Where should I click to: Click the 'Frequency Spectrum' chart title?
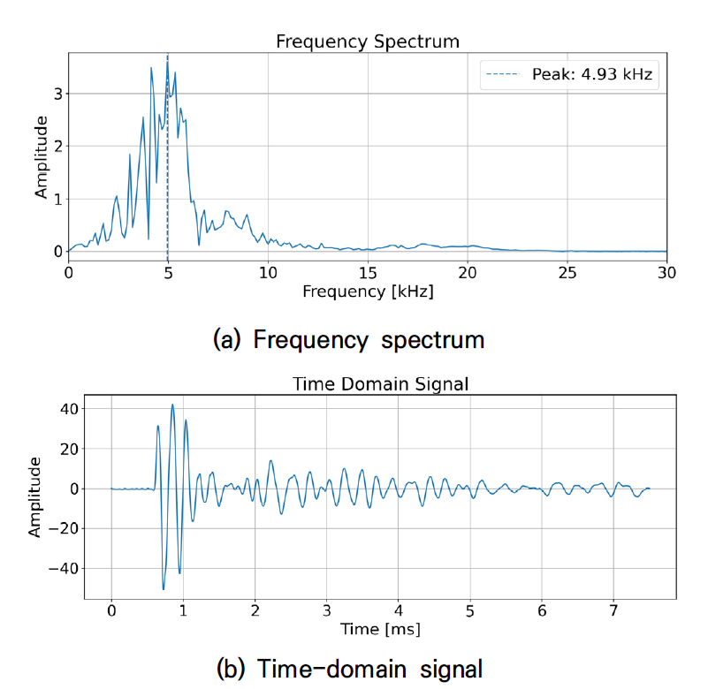pyautogui.click(x=368, y=42)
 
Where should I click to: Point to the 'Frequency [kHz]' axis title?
pyautogui.click(x=368, y=291)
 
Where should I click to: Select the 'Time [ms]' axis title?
pyautogui.click(x=381, y=629)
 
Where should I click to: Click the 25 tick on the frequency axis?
pyautogui.click(x=567, y=272)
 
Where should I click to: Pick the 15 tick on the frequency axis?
pyautogui.click(x=368, y=272)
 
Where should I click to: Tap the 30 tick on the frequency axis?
pyautogui.click(x=667, y=272)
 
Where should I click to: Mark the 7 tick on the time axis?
pyautogui.click(x=613, y=611)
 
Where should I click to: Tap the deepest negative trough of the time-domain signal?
pyautogui.click(x=164, y=588)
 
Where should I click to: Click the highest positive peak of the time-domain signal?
pyautogui.click(x=172, y=405)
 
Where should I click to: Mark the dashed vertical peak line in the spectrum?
pyautogui.click(x=167, y=177)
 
